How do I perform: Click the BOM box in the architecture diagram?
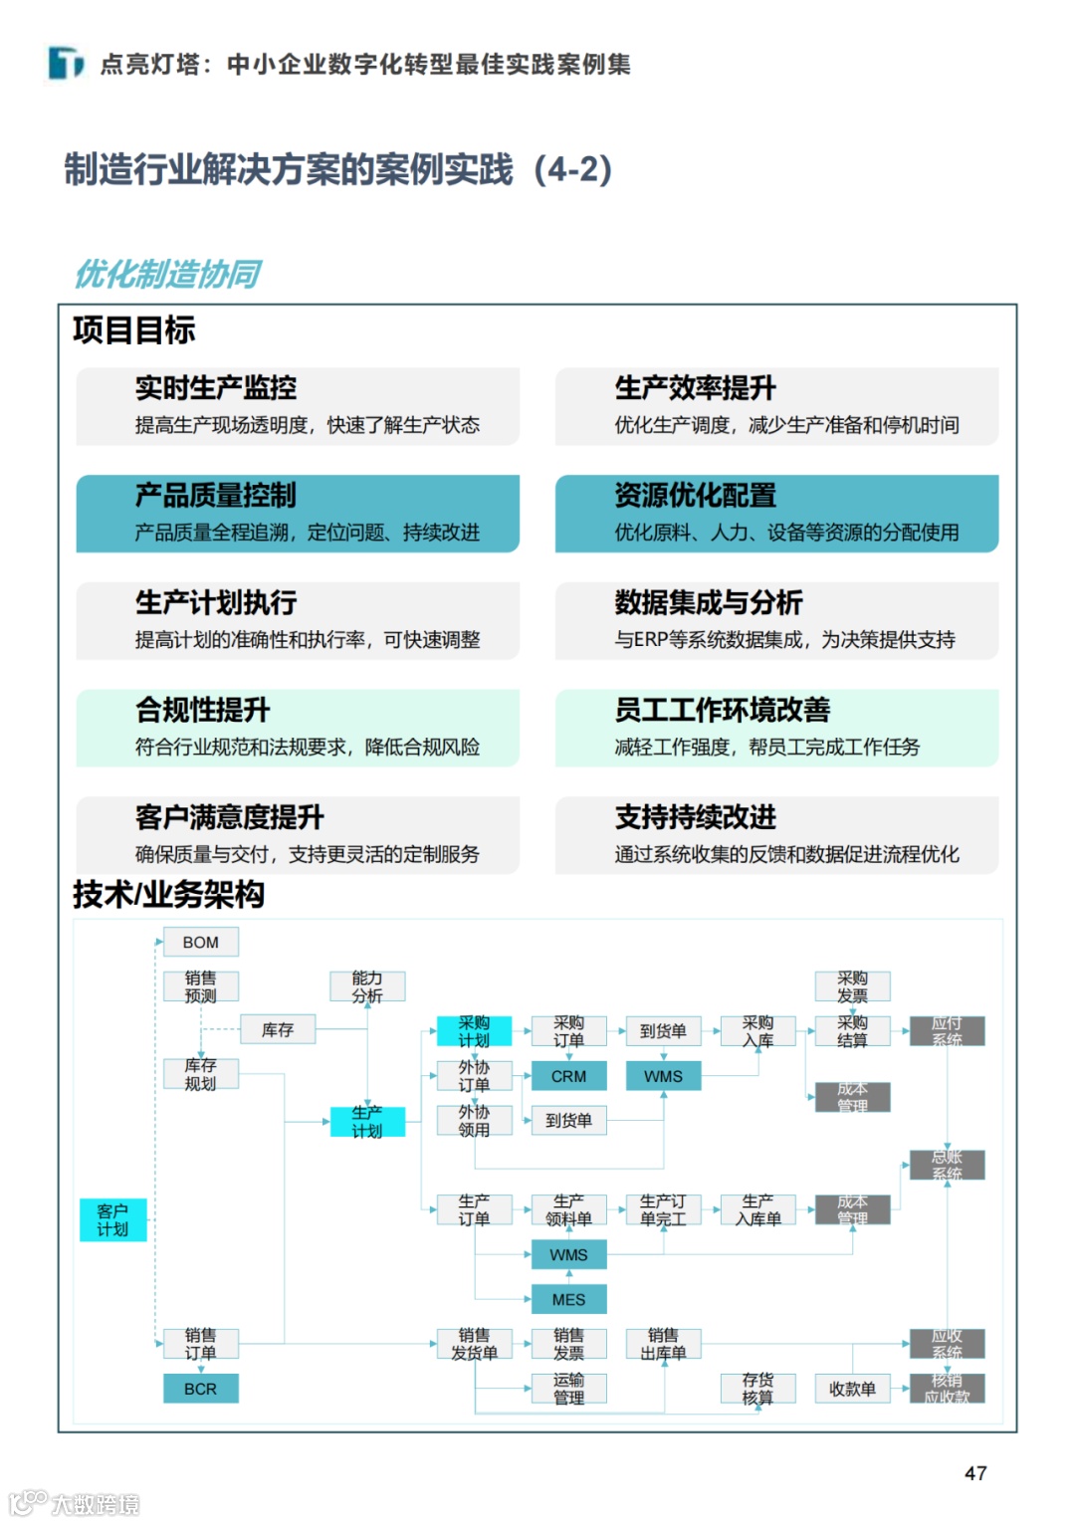click(x=200, y=942)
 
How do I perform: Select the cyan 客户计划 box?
click(x=112, y=1219)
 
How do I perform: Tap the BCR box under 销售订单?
click(x=200, y=1389)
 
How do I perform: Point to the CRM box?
click(x=568, y=1076)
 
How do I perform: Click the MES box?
click(x=568, y=1299)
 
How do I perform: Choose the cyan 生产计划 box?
click(x=367, y=1121)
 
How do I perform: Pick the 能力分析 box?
click(x=367, y=986)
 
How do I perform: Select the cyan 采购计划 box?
click(x=474, y=1031)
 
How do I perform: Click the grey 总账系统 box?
click(x=947, y=1165)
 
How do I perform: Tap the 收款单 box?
click(x=852, y=1389)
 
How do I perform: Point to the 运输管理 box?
click(x=568, y=1389)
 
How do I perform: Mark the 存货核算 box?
click(x=757, y=1389)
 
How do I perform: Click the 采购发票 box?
click(x=852, y=986)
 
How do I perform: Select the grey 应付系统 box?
click(x=947, y=1031)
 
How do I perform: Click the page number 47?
click(x=975, y=1473)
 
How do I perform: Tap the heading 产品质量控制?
click(x=216, y=496)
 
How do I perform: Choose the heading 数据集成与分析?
click(x=709, y=602)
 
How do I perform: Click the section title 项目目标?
click(x=133, y=329)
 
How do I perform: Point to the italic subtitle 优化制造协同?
click(x=167, y=274)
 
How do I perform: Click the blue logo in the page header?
click(x=66, y=64)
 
